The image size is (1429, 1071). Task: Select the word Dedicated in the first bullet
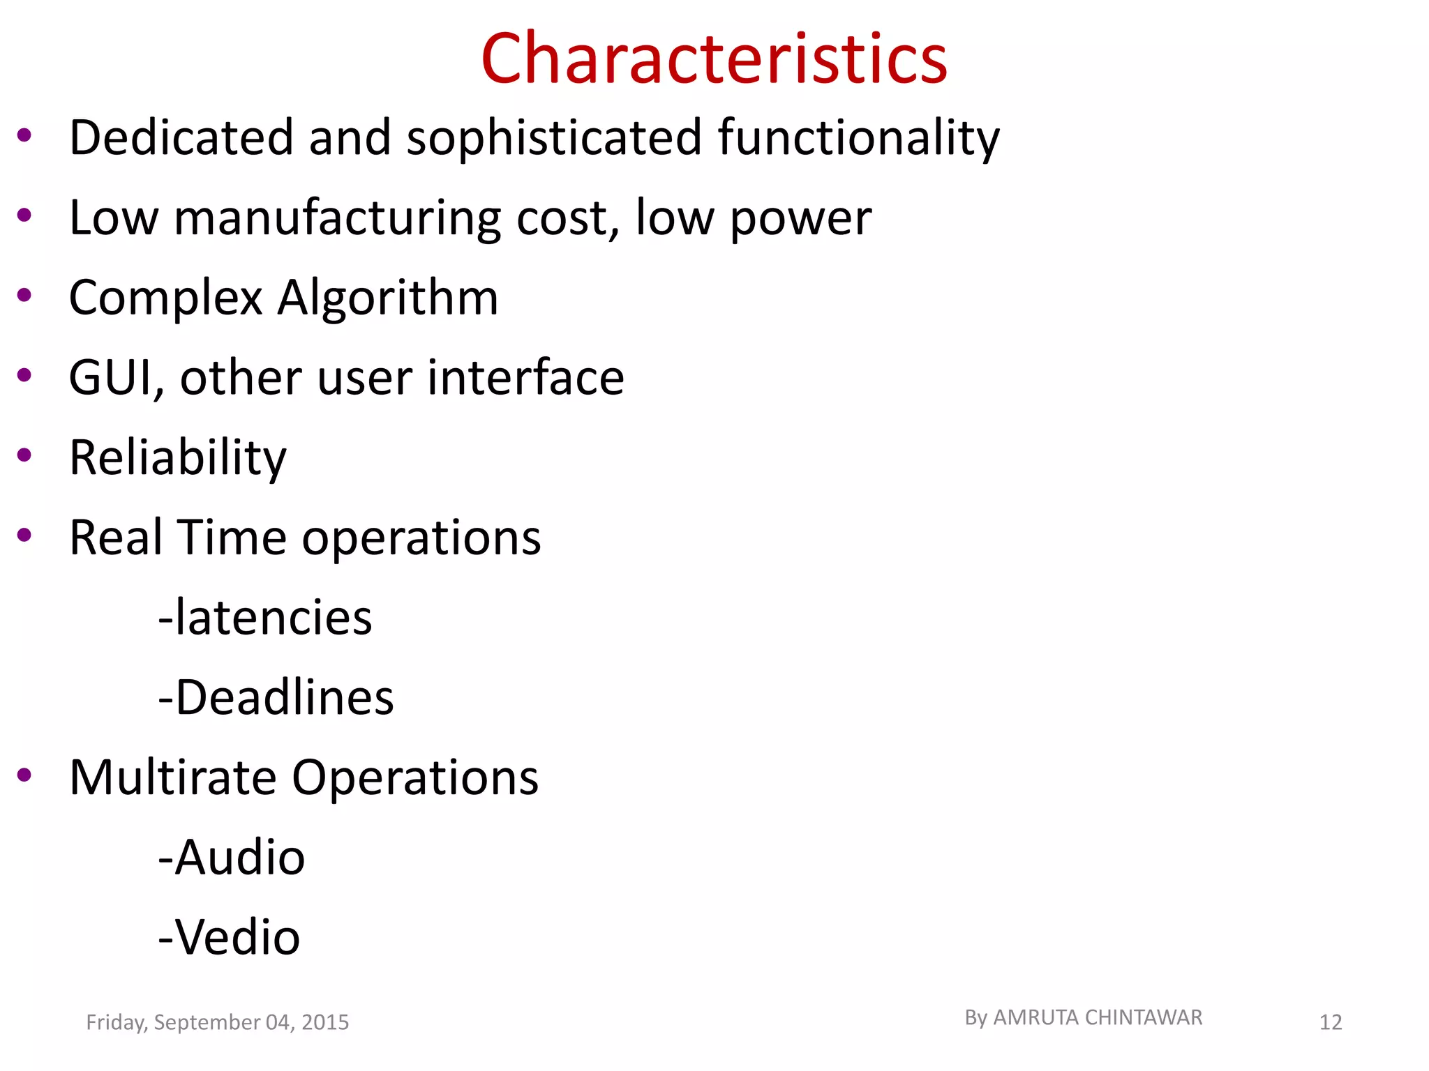click(181, 137)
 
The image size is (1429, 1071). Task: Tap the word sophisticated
click(553, 137)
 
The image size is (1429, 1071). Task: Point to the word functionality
click(858, 139)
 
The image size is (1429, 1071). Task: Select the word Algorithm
click(388, 298)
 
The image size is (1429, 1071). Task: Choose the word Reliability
click(178, 459)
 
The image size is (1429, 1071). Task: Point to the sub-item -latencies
click(265, 618)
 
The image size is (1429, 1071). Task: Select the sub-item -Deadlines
click(276, 697)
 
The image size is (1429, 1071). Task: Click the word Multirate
click(173, 777)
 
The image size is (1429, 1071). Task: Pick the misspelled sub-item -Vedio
click(229, 937)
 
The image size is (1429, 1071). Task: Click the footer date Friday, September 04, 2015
click(217, 1022)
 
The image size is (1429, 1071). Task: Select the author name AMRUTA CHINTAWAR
click(1098, 1018)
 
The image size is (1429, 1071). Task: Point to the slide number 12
click(1331, 1023)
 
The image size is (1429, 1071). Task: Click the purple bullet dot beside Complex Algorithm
click(24, 296)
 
